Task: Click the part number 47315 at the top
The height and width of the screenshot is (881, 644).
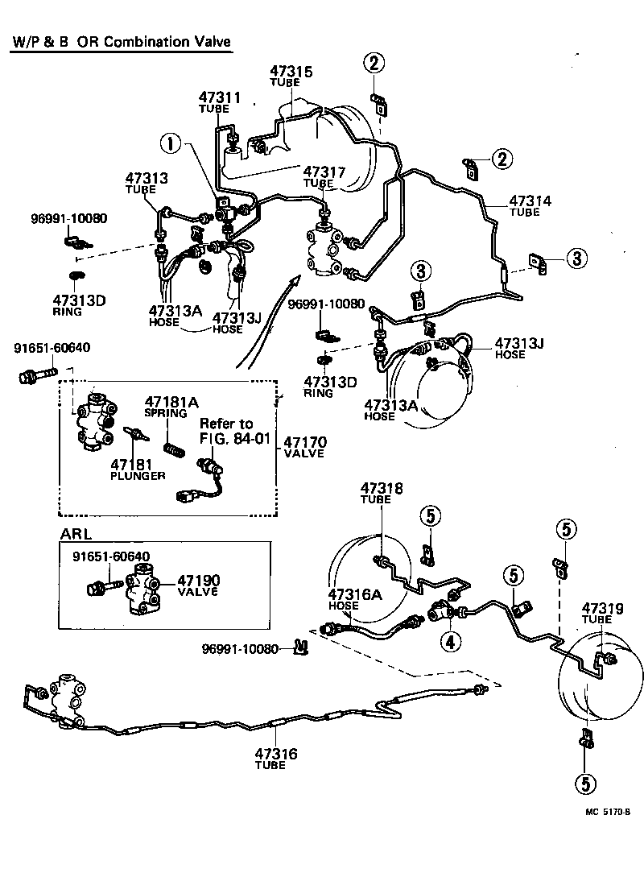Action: pos(291,72)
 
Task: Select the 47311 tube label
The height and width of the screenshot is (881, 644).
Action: pos(220,97)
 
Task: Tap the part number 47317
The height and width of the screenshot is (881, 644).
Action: pos(324,172)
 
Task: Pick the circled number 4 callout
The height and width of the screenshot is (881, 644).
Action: pos(450,642)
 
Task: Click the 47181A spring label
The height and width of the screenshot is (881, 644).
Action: pos(166,401)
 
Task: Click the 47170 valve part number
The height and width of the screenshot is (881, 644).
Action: pos(303,442)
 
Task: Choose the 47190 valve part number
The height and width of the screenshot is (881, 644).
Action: pos(198,581)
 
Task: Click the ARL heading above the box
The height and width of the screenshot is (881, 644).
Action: pos(76,534)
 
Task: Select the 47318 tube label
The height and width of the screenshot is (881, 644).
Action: pos(382,488)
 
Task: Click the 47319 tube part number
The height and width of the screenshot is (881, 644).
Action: pos(603,608)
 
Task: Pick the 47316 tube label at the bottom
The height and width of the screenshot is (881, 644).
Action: pos(276,754)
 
